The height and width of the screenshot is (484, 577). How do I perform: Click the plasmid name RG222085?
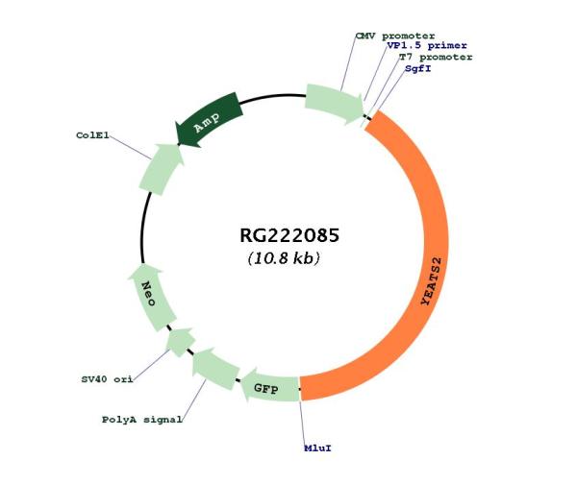point(289,235)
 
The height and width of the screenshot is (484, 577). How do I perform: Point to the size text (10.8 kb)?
point(284,258)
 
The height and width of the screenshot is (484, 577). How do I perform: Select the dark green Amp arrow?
point(209,119)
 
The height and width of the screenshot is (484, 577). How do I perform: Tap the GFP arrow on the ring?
point(270,387)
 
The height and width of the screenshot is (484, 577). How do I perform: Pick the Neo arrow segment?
point(151,298)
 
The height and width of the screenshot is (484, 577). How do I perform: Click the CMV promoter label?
point(395,36)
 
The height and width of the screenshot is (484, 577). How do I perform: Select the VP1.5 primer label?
point(426,45)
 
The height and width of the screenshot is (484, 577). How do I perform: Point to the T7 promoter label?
point(436,57)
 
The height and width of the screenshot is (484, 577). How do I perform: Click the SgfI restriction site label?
point(417,68)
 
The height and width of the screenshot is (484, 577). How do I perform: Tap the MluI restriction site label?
point(317,448)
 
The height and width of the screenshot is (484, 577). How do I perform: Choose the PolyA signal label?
point(141,420)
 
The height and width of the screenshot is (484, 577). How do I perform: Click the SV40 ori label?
point(107,379)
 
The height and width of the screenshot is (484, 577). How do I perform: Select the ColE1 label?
point(92,135)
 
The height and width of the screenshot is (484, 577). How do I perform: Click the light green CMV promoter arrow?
point(334,105)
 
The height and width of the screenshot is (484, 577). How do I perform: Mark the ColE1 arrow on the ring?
point(161,168)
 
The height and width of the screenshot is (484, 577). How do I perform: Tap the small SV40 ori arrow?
point(180,342)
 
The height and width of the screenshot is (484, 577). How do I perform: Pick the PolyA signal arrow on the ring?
point(214,368)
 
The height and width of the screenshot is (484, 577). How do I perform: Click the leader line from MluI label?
point(303,423)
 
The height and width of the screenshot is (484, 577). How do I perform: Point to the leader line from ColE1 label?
point(130,147)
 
